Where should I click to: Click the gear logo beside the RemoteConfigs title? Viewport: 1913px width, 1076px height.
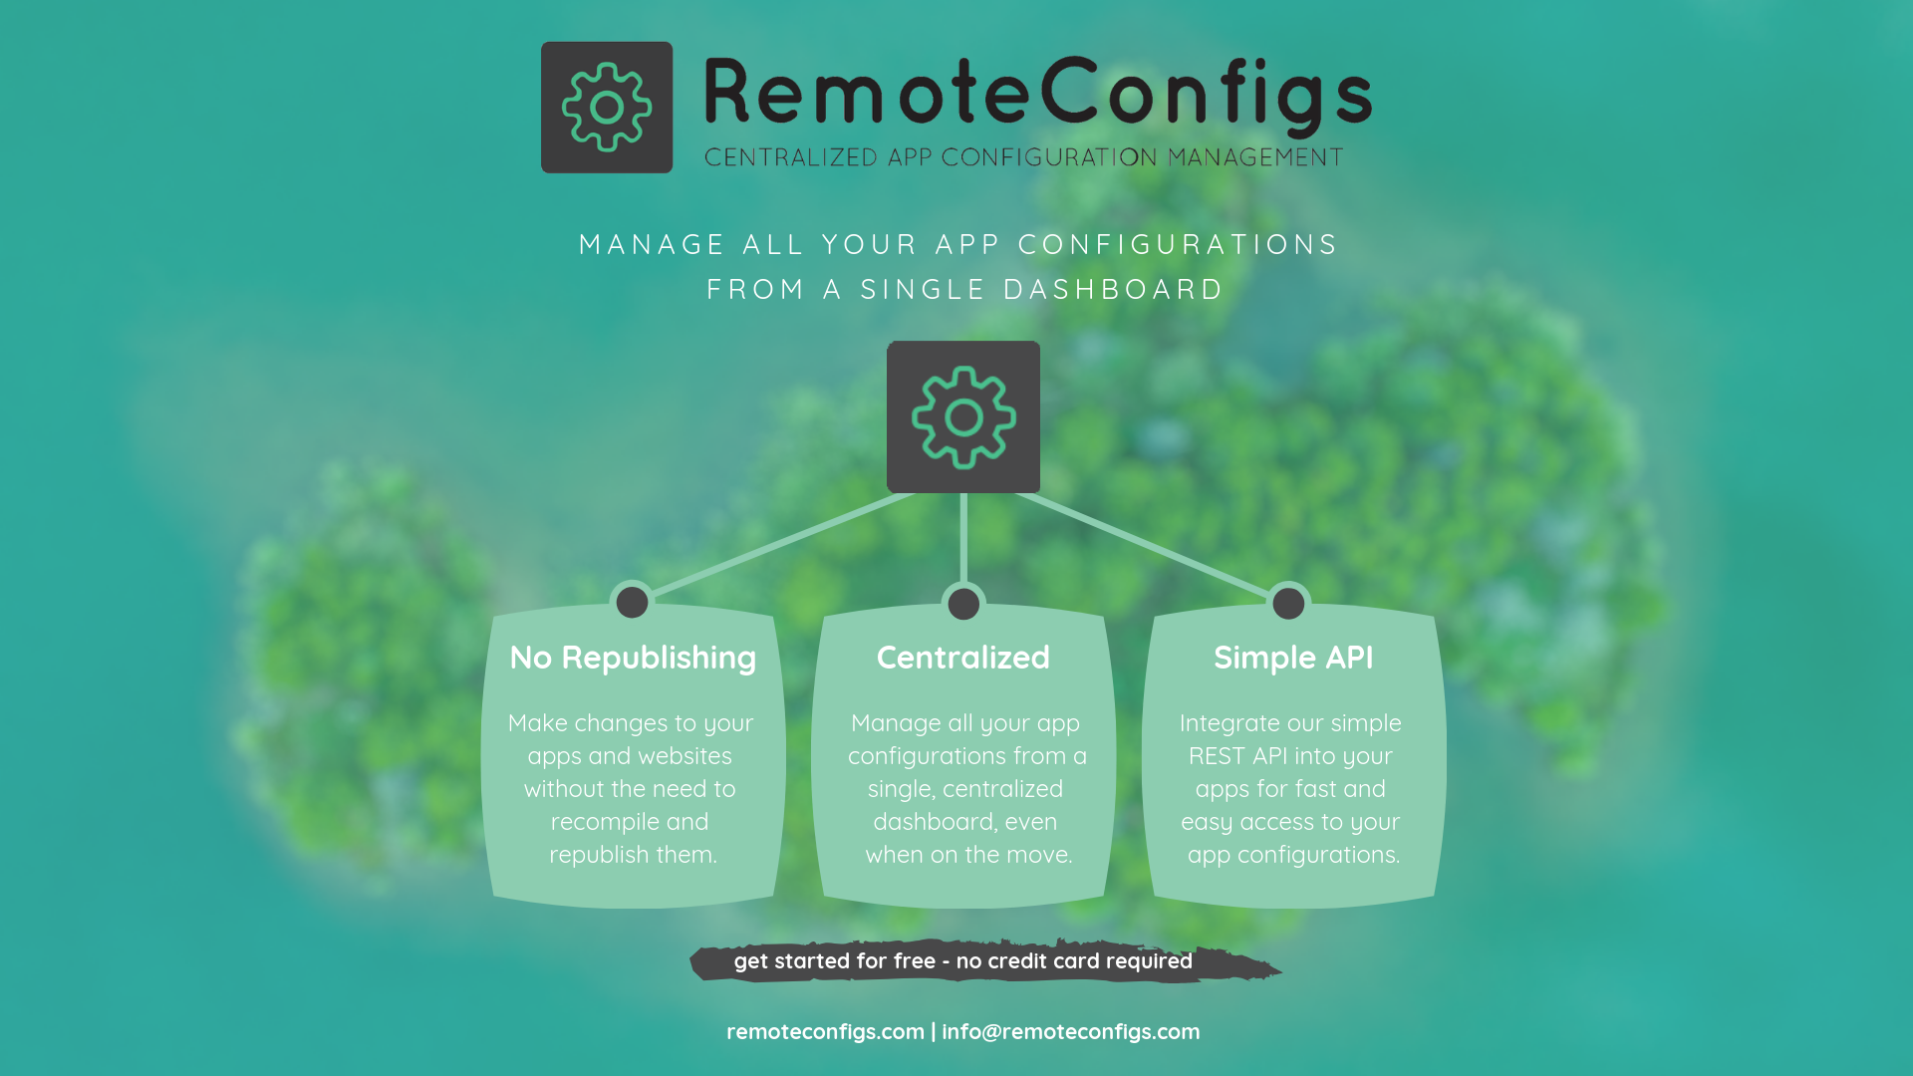pyautogui.click(x=606, y=108)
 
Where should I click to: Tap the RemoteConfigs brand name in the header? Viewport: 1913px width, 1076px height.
pyautogui.click(x=1037, y=94)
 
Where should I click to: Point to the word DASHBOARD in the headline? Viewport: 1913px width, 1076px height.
pyautogui.click(x=1113, y=289)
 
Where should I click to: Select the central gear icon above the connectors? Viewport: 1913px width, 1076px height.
pyautogui.click(x=963, y=416)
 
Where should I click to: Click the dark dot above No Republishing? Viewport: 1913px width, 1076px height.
pyautogui.click(x=632, y=602)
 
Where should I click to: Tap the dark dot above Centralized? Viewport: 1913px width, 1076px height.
pyautogui.click(x=963, y=603)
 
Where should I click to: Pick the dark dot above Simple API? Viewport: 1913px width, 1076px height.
pyautogui.click(x=1288, y=603)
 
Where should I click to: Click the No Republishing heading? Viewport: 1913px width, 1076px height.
pyautogui.click(x=633, y=658)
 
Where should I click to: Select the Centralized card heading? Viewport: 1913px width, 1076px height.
pyautogui.click(x=962, y=658)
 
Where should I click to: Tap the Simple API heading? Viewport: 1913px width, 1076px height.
pyautogui.click(x=1293, y=658)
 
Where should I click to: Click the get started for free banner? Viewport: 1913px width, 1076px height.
pyautogui.click(x=962, y=961)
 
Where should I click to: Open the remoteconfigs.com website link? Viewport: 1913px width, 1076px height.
pyautogui.click(x=825, y=1032)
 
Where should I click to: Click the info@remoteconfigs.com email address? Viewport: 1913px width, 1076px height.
pyautogui.click(x=1071, y=1032)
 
